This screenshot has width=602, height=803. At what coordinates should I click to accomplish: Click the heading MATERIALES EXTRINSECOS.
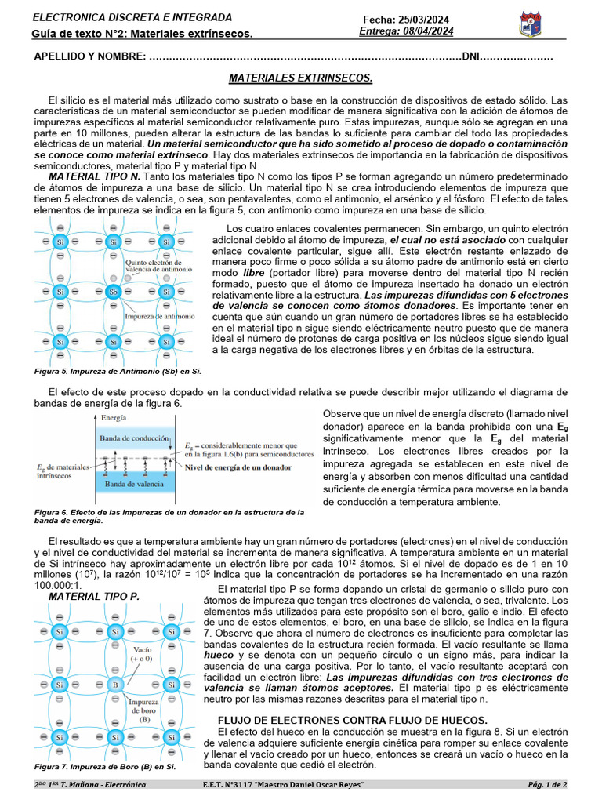[x=300, y=78]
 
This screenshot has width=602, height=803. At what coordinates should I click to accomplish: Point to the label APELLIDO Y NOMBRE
[x=89, y=57]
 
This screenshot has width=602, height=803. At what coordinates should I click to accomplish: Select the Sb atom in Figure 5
[x=114, y=292]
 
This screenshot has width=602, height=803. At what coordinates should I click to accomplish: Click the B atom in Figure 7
[x=114, y=685]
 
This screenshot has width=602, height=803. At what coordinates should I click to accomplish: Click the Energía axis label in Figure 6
[x=114, y=420]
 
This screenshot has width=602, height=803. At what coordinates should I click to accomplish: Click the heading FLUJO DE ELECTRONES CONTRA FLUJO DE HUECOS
[x=352, y=720]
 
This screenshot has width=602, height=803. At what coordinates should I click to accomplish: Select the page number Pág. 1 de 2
[x=547, y=784]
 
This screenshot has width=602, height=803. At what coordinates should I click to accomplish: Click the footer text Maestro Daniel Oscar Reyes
[x=314, y=784]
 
